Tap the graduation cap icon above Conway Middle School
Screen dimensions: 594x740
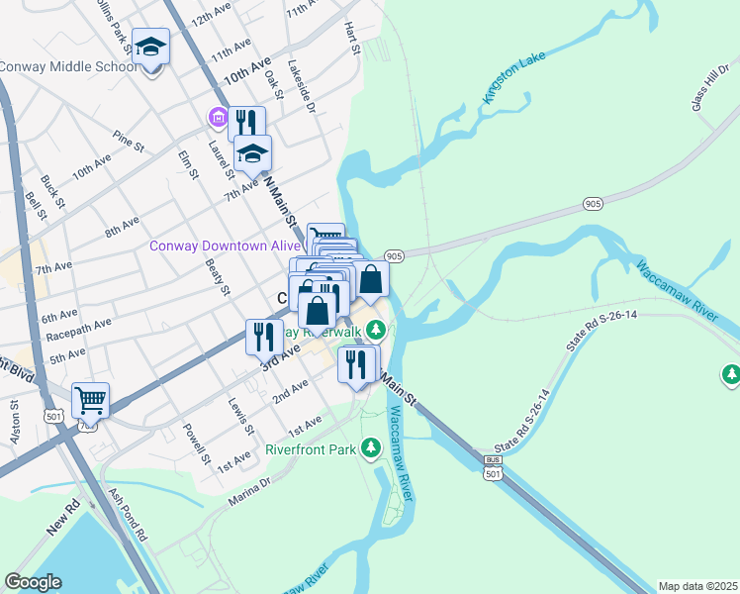pyautogui.click(x=150, y=47)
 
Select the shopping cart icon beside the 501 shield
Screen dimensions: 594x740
pyautogui.click(x=90, y=400)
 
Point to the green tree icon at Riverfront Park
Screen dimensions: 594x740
pyautogui.click(x=371, y=448)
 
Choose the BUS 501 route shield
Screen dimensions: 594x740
pyautogui.click(x=493, y=469)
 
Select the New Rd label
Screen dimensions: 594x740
pyautogui.click(x=61, y=524)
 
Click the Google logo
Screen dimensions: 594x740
pyautogui.click(x=33, y=582)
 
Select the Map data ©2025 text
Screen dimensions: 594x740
pyautogui.click(x=697, y=586)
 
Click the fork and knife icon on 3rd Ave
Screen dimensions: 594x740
pyautogui.click(x=263, y=337)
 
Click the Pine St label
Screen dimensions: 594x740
pyautogui.click(x=129, y=140)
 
